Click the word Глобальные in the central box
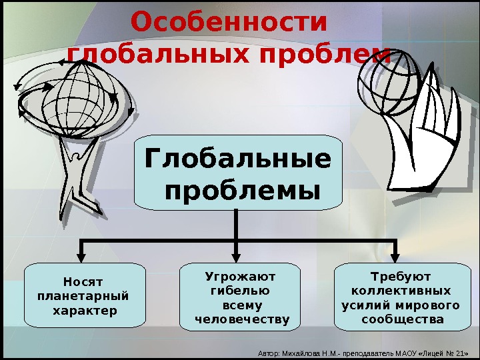[237, 160]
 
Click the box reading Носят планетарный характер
[85, 295]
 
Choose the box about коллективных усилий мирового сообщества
[400, 297]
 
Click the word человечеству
[242, 321]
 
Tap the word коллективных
[400, 291]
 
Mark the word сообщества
[402, 320]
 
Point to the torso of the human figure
[74, 170]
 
